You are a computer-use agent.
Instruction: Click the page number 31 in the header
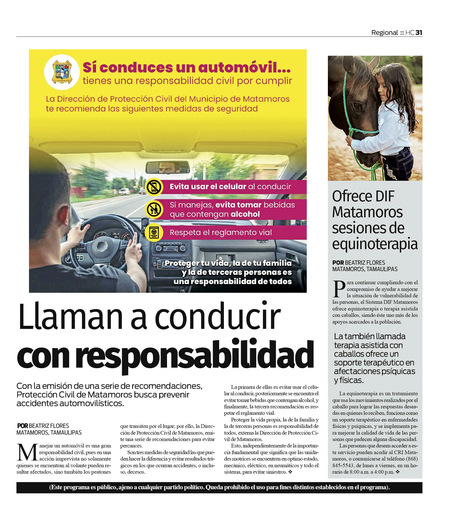point(419,33)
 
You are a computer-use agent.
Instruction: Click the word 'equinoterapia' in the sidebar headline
point(375,244)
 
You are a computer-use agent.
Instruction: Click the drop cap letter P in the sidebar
point(339,289)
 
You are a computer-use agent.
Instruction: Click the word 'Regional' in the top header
point(384,33)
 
